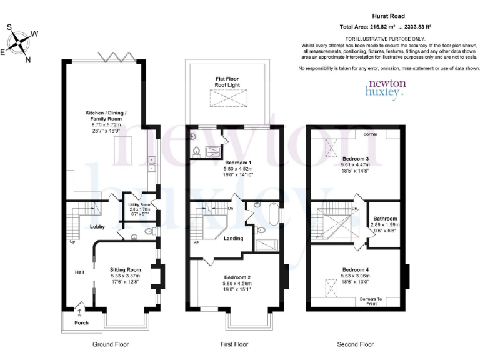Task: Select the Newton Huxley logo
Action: [x=386, y=87]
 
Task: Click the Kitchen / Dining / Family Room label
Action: [x=106, y=119]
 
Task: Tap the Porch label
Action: [x=81, y=322]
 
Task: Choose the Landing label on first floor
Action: [x=233, y=238]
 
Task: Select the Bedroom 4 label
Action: [x=355, y=275]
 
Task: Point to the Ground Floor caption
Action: [x=111, y=344]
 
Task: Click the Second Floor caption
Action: [x=355, y=344]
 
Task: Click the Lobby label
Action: [x=97, y=226]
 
